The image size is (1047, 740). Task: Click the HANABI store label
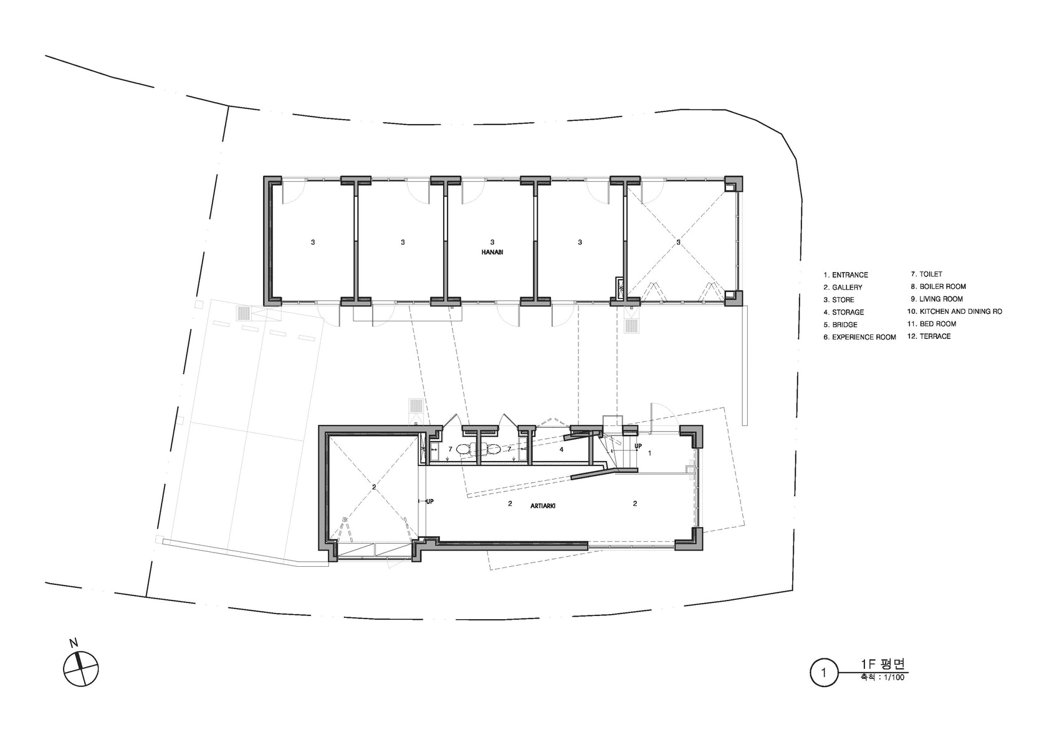(x=492, y=252)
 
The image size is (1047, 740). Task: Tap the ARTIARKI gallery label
(x=543, y=506)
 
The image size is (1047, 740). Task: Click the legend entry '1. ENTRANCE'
(x=846, y=275)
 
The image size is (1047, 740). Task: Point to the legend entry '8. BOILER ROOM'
(x=938, y=287)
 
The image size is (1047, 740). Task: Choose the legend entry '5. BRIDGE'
(x=840, y=325)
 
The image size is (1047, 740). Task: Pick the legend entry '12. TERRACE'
(x=929, y=336)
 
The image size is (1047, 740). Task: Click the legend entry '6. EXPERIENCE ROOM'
(x=859, y=338)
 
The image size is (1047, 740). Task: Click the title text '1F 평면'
(x=883, y=664)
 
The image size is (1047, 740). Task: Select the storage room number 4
(x=562, y=450)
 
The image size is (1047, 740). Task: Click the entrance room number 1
(x=649, y=453)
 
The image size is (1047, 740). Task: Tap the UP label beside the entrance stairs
(x=638, y=446)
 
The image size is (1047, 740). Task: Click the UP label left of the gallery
(x=429, y=501)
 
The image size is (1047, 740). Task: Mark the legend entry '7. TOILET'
(x=926, y=274)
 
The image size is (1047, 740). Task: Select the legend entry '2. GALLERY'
(x=843, y=287)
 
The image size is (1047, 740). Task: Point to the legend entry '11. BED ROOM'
(x=932, y=324)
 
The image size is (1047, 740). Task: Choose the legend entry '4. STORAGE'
(x=844, y=313)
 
